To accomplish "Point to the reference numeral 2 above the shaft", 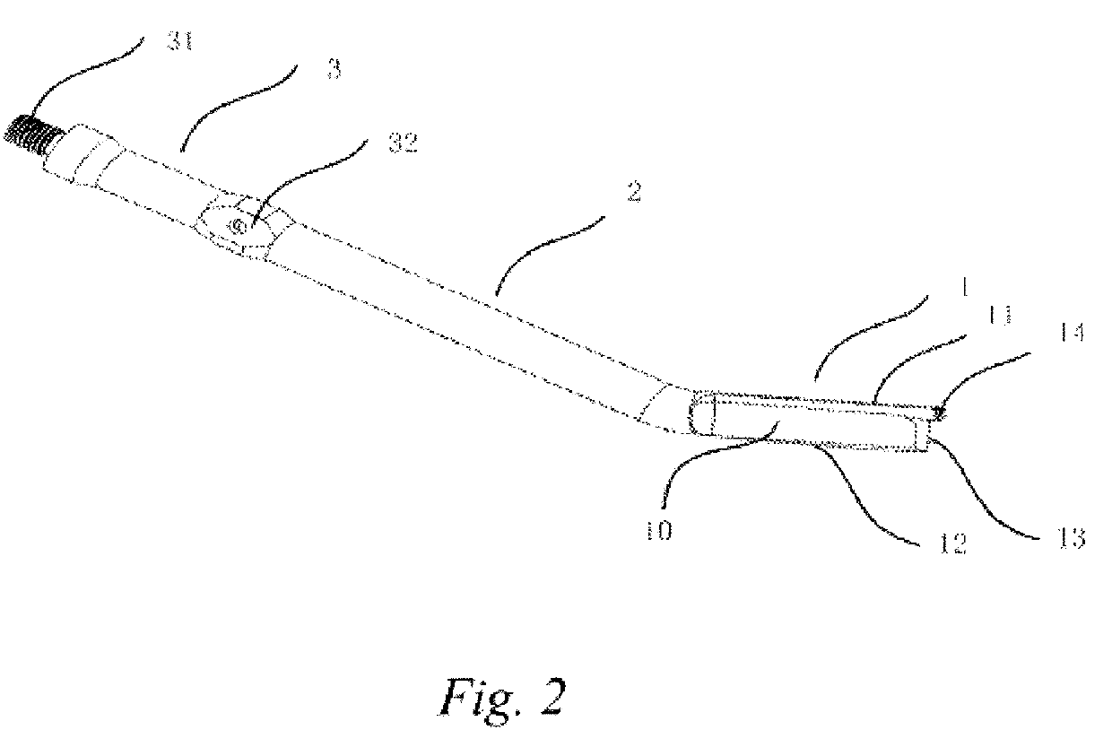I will coord(633,193).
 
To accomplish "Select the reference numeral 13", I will coord(1070,537).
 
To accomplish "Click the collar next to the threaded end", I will coord(91,153).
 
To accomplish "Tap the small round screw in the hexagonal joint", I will coord(238,227).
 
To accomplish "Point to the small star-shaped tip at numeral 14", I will coord(939,413).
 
